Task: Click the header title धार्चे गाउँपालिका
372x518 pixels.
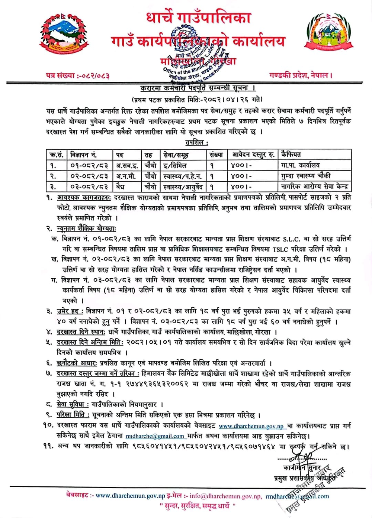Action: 198,18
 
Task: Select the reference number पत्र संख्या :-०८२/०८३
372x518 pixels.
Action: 77,75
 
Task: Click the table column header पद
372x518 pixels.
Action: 120,155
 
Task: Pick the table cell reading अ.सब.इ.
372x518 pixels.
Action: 127,165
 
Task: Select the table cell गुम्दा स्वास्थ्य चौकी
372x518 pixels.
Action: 306,176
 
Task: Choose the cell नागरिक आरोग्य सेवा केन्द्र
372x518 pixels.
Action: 315,187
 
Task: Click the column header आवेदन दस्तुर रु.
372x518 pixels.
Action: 253,155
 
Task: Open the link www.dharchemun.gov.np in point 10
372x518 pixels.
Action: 251,427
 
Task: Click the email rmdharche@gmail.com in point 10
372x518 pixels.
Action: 155,436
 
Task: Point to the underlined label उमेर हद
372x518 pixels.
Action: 70,311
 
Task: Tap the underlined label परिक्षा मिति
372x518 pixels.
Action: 73,415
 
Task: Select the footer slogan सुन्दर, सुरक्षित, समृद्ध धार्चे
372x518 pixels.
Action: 198,506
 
